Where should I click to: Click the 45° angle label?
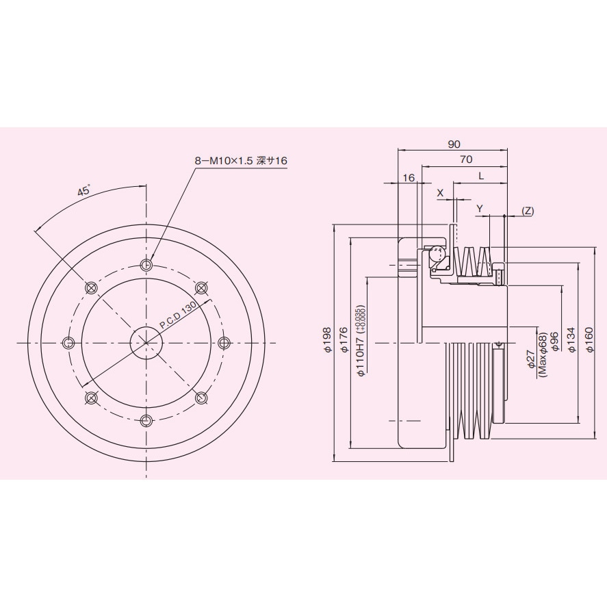coord(84,191)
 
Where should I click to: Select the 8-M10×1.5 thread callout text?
coord(241,160)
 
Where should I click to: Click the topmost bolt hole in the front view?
coord(146,265)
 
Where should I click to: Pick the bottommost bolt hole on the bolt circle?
coord(146,420)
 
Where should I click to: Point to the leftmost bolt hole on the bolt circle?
coord(68,342)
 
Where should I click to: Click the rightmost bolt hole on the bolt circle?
coord(224,342)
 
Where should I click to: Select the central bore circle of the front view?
coord(146,342)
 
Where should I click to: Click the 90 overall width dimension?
coord(454,144)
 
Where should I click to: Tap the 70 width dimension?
coord(466,159)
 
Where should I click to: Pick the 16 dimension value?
coord(409,177)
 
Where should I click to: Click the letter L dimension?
coord(482,176)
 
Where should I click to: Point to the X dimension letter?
coord(440,193)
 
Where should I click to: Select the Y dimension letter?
coord(479,207)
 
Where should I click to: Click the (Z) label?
coord(527,211)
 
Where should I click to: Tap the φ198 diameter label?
coord(328,339)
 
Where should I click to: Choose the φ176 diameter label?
coord(344,339)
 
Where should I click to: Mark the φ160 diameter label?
coord(589,339)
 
